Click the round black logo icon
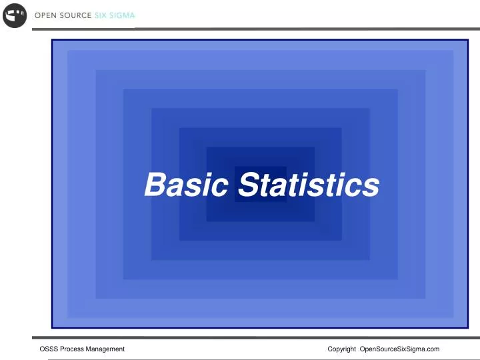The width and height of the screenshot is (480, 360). (x=14, y=15)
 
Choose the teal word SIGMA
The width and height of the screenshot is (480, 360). (x=124, y=16)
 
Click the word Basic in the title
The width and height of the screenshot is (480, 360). (x=186, y=185)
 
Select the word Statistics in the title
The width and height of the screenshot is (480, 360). (x=309, y=185)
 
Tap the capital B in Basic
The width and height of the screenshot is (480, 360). (x=155, y=185)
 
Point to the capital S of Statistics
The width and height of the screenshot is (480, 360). (x=248, y=185)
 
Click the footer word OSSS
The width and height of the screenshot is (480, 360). (x=49, y=349)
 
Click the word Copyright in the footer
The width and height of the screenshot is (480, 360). (x=342, y=349)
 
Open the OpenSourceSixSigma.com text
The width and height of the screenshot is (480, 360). (x=399, y=349)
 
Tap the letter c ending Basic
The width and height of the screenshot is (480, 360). (x=219, y=187)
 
